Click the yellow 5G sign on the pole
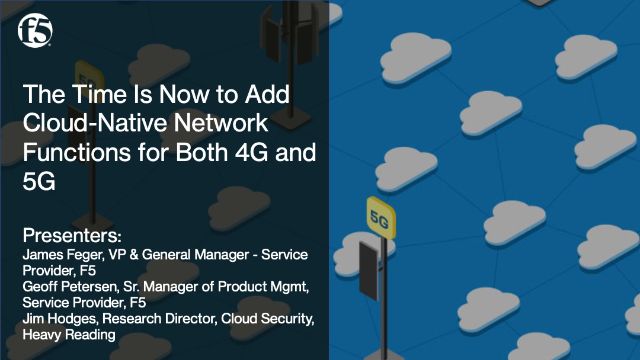tap(379, 214)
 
